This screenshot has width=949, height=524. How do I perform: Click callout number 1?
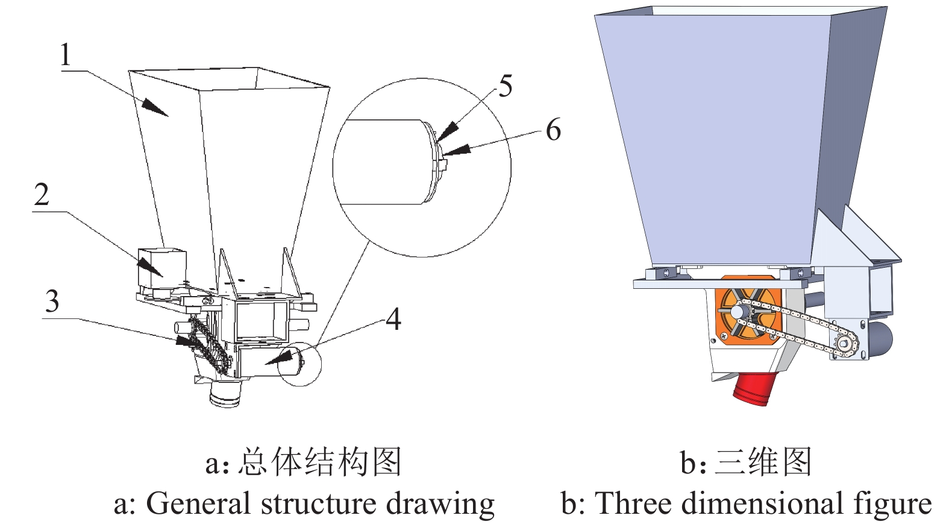click(x=65, y=55)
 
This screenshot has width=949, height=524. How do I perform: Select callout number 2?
click(x=41, y=195)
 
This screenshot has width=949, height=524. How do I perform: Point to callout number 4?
click(x=393, y=318)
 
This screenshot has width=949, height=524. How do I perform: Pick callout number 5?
click(x=505, y=86)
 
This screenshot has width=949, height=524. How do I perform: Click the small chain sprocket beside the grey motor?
click(x=847, y=344)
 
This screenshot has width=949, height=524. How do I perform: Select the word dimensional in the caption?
click(x=765, y=503)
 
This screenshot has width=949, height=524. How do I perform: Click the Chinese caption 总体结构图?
click(x=319, y=463)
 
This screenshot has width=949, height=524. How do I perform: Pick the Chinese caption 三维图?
click(x=763, y=463)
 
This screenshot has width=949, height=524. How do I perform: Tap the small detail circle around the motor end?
click(x=301, y=363)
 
